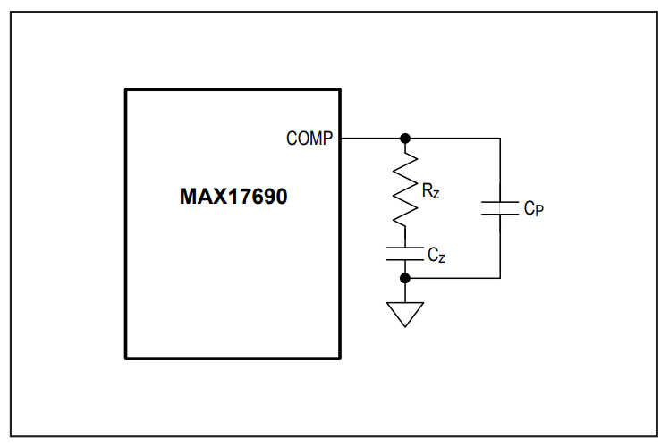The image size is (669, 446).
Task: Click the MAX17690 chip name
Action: [233, 197]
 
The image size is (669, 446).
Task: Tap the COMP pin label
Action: [309, 139]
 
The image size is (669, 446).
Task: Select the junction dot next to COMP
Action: [405, 139]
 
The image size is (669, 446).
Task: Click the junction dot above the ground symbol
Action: [405, 278]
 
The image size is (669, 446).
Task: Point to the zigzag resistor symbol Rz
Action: [405, 189]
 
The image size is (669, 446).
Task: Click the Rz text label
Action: [430, 190]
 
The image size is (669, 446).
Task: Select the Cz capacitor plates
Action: [405, 254]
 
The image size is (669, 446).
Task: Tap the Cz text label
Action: [436, 255]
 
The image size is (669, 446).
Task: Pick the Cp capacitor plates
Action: [500, 208]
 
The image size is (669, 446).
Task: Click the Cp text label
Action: [534, 208]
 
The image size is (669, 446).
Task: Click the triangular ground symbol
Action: [405, 315]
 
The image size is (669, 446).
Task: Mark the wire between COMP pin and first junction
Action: [371, 139]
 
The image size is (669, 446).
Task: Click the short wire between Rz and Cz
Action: [405, 237]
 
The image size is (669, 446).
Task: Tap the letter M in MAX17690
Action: [189, 197]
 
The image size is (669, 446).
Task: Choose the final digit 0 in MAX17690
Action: [281, 197]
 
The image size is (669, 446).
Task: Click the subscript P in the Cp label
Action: [539, 211]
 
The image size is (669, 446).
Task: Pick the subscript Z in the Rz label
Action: [436, 194]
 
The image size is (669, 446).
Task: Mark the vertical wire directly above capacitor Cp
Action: [500, 170]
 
